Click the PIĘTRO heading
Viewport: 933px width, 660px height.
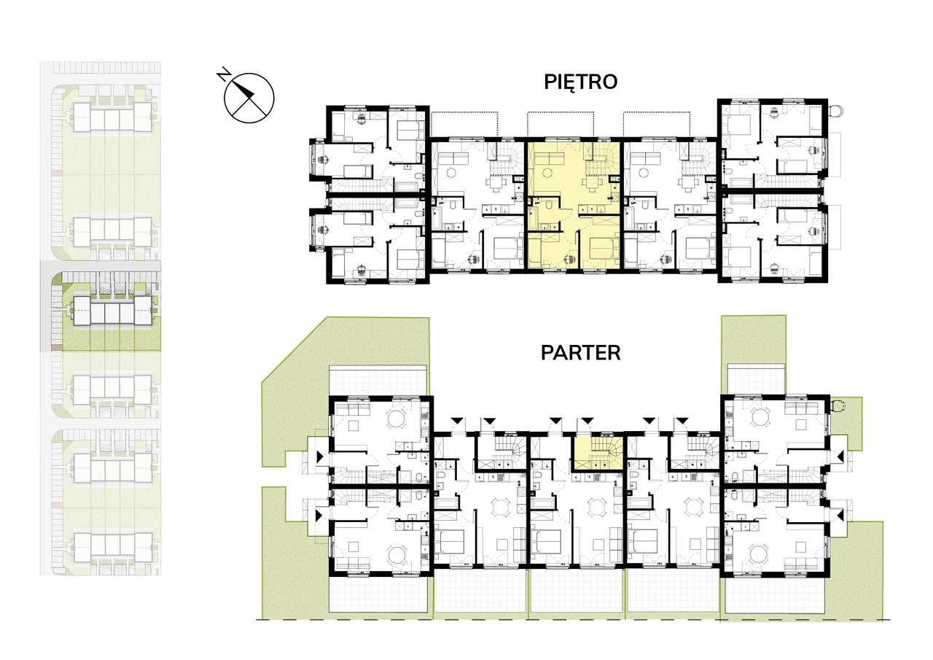581,82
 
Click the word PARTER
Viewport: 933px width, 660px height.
581,353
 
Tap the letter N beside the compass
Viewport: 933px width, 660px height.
224,74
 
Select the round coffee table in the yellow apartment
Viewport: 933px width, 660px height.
546,171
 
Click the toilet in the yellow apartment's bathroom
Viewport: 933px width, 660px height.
550,205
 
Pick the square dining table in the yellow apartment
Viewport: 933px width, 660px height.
590,183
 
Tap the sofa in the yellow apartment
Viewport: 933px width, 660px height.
550,158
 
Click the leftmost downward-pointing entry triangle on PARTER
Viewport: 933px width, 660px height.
457,421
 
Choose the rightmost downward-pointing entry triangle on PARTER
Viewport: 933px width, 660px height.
681,421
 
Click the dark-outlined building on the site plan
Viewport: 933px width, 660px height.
113,311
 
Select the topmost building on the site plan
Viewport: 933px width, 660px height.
113,117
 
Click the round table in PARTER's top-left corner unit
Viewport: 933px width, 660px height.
396,419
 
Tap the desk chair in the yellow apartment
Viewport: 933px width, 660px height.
568,259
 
